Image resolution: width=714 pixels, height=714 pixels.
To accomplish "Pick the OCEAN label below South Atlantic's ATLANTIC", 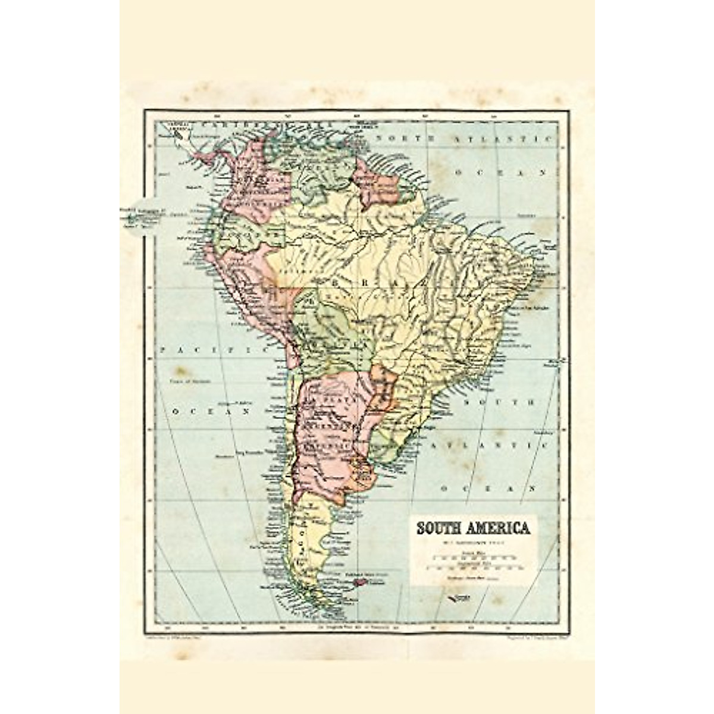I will [487, 489].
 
